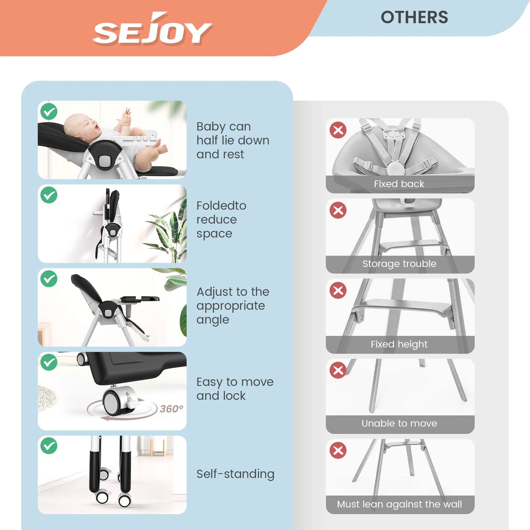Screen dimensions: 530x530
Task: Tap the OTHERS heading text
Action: (x=414, y=17)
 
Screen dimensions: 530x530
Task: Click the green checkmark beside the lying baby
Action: (x=49, y=111)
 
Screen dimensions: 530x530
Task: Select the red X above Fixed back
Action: (x=338, y=130)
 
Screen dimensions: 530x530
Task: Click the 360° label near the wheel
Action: (x=171, y=409)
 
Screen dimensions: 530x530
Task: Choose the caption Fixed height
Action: (x=399, y=344)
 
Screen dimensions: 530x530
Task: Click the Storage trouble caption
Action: (x=399, y=264)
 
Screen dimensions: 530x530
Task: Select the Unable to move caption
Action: (x=399, y=424)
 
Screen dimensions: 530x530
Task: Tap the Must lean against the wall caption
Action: (x=399, y=504)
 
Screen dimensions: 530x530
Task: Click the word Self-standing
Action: (x=235, y=474)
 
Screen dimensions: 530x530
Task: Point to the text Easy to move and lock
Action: (x=235, y=389)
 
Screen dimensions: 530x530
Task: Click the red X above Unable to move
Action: (x=338, y=370)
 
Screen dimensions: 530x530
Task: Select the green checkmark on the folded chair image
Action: (x=49, y=195)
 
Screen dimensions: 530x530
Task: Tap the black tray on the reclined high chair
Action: (x=139, y=299)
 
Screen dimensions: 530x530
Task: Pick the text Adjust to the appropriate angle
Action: (x=233, y=306)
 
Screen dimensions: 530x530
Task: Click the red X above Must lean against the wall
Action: (x=338, y=450)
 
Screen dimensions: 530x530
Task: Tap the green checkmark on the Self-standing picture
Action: (x=49, y=446)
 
